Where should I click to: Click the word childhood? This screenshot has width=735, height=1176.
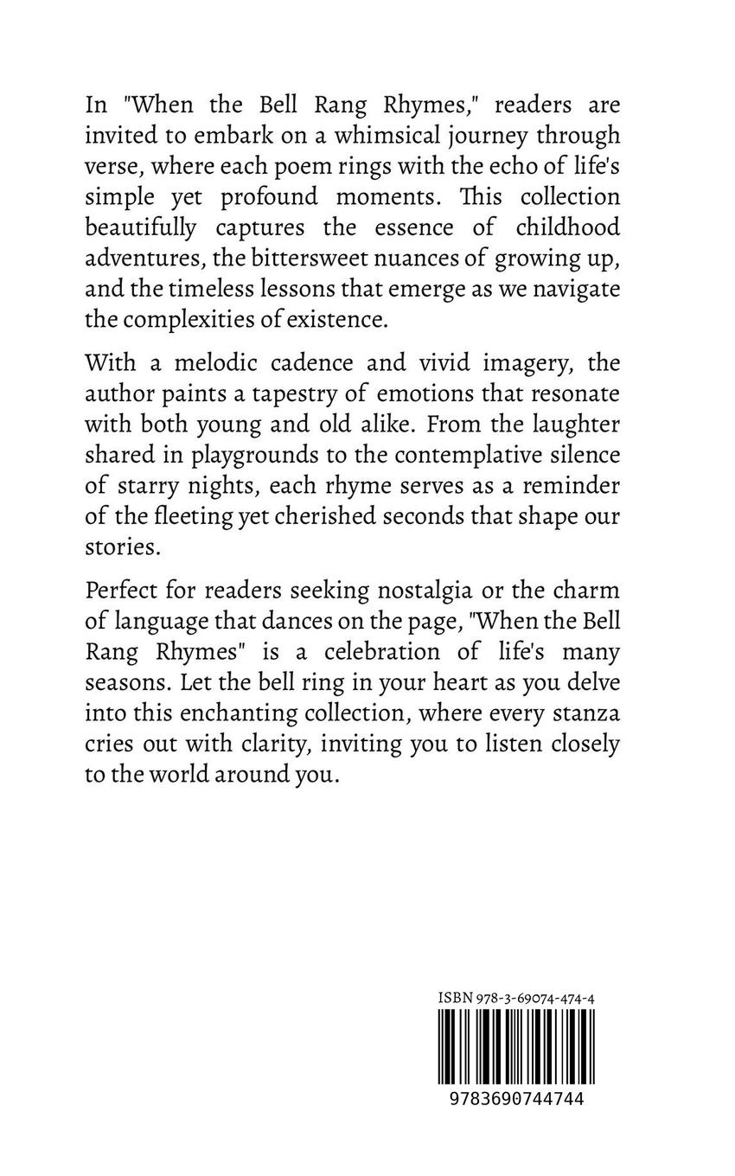tap(567, 227)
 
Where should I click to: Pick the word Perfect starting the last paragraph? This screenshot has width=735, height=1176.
tap(124, 590)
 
